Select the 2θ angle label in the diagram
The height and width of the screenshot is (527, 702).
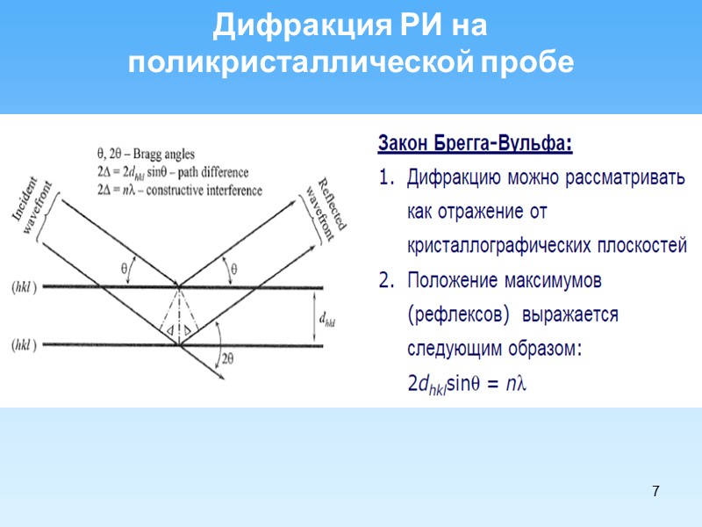tap(228, 357)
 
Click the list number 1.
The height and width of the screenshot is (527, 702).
tap(385, 177)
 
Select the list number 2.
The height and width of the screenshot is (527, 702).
tap(385, 281)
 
